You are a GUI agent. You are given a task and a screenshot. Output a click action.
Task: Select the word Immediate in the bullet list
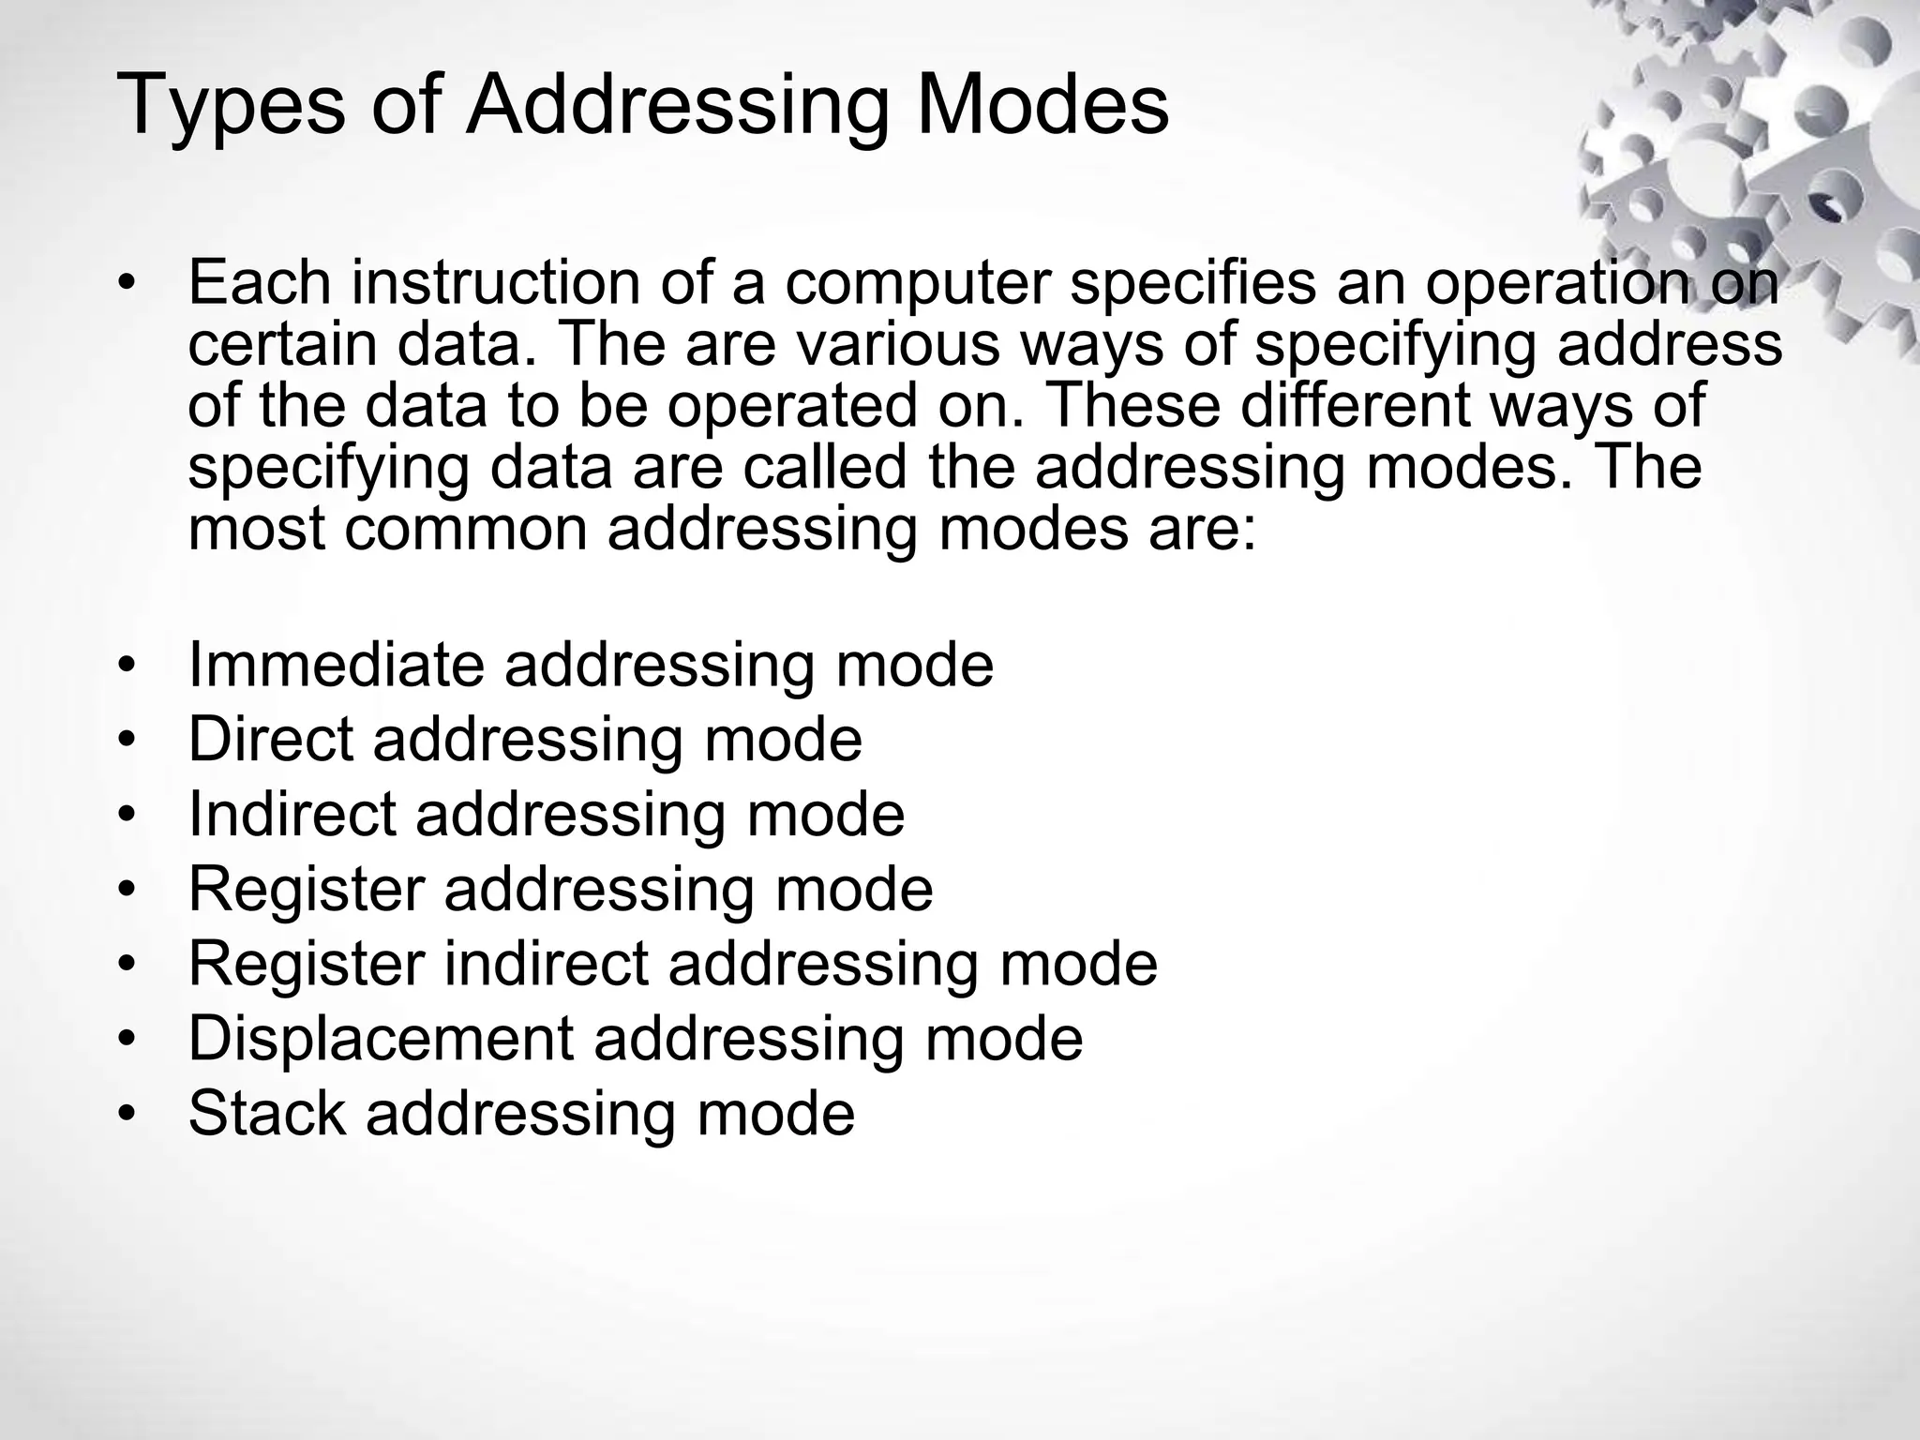click(337, 665)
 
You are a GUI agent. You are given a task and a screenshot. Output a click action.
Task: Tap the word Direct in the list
click(271, 740)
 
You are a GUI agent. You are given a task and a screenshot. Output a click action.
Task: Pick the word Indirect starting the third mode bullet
click(292, 814)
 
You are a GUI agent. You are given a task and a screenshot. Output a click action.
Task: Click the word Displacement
click(381, 1039)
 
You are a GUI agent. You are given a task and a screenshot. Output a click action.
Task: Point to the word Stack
click(267, 1114)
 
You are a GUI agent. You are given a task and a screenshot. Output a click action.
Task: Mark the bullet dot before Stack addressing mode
click(127, 1115)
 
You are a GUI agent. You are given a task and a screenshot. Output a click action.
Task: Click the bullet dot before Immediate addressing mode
click(127, 666)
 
